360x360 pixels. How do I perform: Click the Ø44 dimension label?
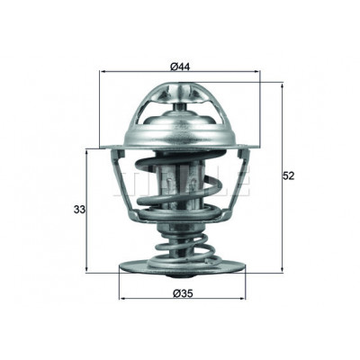pos(180,67)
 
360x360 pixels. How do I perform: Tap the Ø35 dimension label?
pos(183,292)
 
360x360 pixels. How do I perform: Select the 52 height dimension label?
pos(289,176)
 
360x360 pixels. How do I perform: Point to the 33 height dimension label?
pos(79,210)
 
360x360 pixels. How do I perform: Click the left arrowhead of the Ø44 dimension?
pos(102,71)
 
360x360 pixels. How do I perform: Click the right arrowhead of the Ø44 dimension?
pos(256,71)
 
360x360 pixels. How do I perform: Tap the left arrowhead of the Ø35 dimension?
pos(122,299)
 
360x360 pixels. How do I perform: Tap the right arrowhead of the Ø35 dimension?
pos(242,299)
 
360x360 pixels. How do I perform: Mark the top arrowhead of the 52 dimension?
pos(282,86)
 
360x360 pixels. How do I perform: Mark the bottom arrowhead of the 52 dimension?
pos(282,270)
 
